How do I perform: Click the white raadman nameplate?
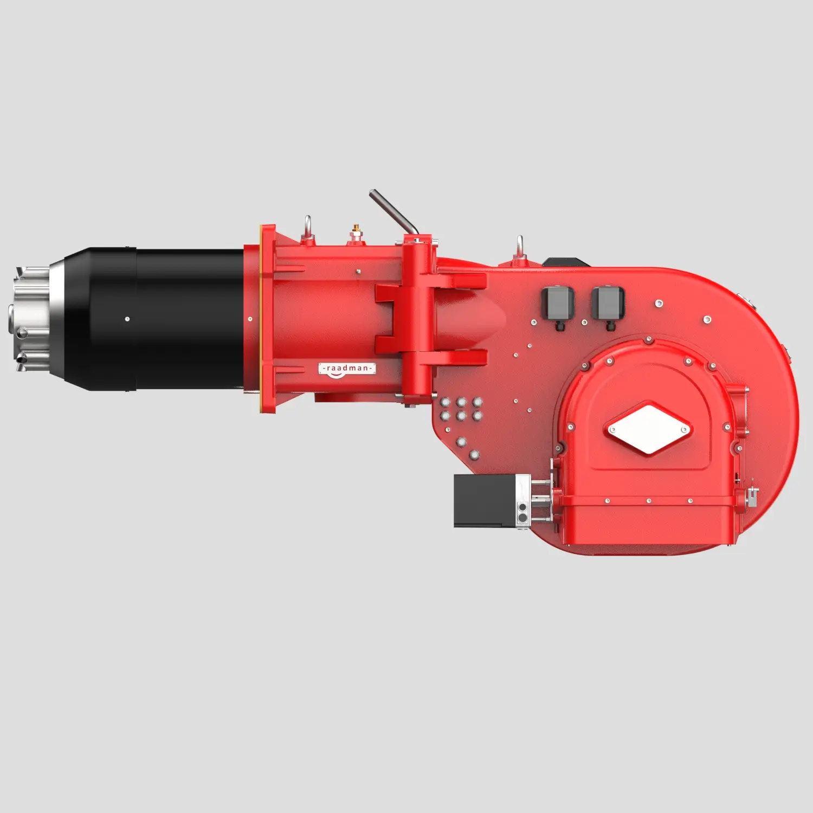[346, 368]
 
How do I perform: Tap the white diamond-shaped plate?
[648, 428]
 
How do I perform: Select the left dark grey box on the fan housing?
[558, 303]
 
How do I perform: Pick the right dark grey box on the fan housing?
[608, 303]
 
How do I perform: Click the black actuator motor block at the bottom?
[485, 500]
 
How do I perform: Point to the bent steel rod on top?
[393, 212]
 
